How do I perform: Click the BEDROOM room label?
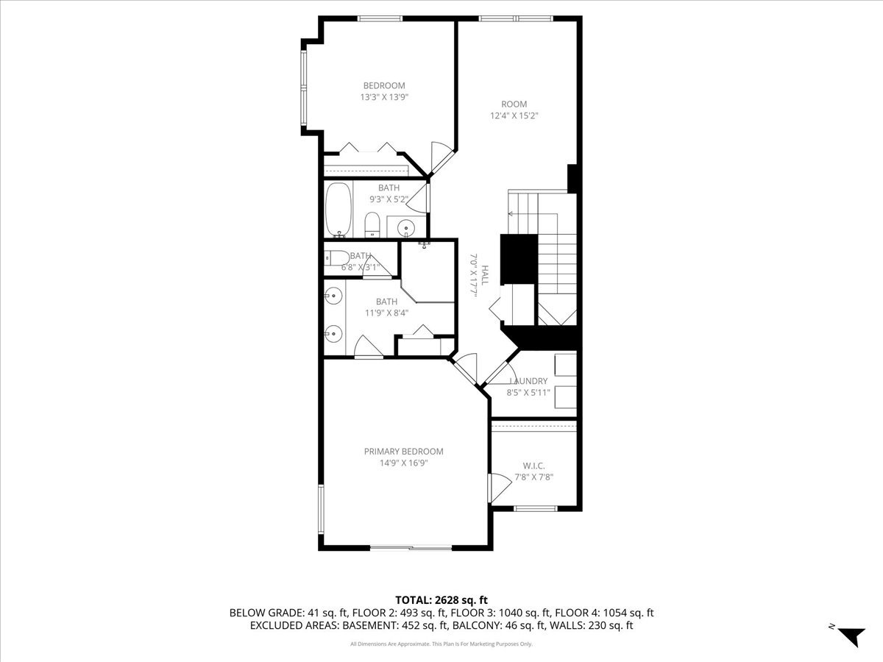tap(383, 85)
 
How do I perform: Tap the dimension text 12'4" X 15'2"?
tap(514, 115)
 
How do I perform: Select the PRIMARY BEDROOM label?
tap(403, 452)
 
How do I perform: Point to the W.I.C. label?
tap(533, 465)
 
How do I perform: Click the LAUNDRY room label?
tap(528, 381)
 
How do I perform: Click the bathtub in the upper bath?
tap(338, 210)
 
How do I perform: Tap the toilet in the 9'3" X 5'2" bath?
tap(372, 224)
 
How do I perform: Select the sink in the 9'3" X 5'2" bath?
tap(406, 227)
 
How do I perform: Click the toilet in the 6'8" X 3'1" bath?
tap(338, 258)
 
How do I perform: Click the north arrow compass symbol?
tap(851, 636)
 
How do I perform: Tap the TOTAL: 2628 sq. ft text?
tap(441, 600)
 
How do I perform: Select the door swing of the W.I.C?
tap(499, 485)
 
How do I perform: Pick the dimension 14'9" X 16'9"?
tap(403, 463)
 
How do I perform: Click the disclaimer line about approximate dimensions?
tap(441, 644)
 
